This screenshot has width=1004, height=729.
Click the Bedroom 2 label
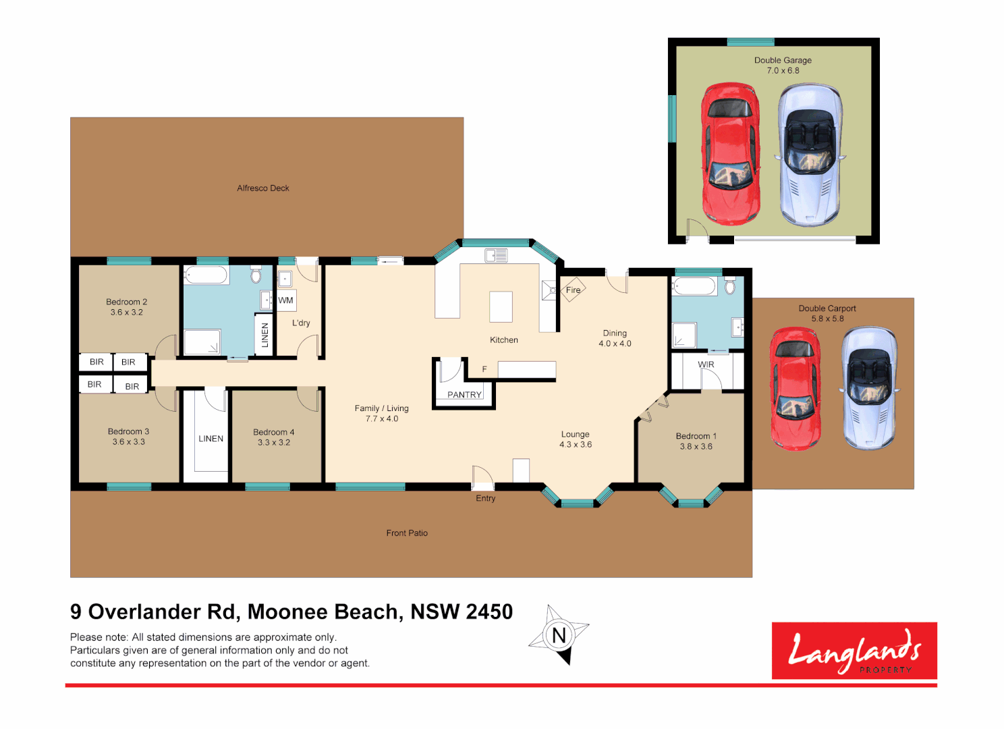126,302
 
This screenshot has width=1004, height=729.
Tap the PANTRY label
464,395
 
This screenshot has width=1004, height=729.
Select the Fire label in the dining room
573,290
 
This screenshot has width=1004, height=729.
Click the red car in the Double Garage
731,153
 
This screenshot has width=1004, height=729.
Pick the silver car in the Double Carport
870,388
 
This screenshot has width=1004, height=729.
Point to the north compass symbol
559,635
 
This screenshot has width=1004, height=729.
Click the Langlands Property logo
854,651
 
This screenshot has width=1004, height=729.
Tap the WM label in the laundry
286,300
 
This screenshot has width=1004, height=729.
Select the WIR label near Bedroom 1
706,364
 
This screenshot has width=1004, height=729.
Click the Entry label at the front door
485,498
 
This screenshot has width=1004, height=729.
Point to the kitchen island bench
501,306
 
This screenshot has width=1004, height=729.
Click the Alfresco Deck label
263,188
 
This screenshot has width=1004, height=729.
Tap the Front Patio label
407,533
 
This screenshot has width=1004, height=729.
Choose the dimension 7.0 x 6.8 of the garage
783,71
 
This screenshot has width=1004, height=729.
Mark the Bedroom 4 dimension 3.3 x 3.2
274,443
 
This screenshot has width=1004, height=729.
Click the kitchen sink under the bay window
496,255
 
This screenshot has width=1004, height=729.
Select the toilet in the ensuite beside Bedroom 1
729,286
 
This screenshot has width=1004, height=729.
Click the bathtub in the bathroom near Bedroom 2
206,275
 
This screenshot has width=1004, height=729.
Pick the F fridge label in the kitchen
484,369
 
